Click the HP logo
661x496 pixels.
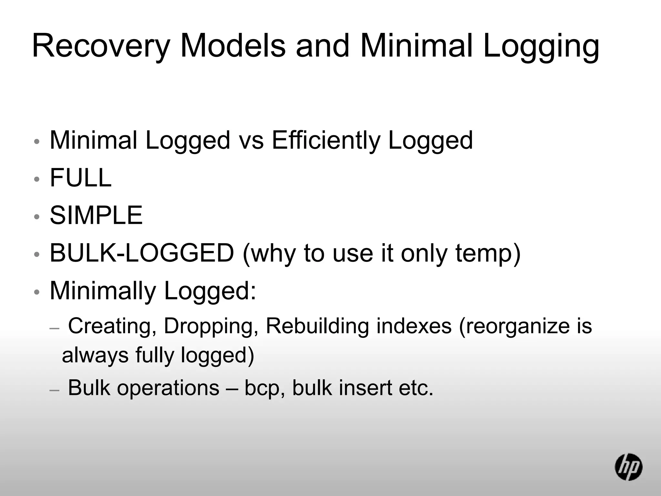point(628,467)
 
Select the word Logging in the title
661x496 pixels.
point(541,46)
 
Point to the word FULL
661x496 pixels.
point(81,178)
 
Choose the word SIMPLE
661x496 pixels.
point(96,215)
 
